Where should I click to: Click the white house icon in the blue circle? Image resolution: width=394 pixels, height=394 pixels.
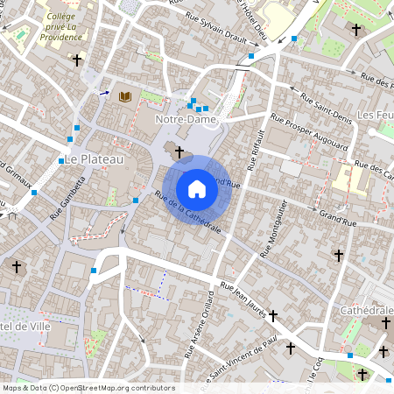197,189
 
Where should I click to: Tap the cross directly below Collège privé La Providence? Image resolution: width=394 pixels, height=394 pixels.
77,61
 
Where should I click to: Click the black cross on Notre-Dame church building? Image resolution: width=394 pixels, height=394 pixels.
179,152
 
